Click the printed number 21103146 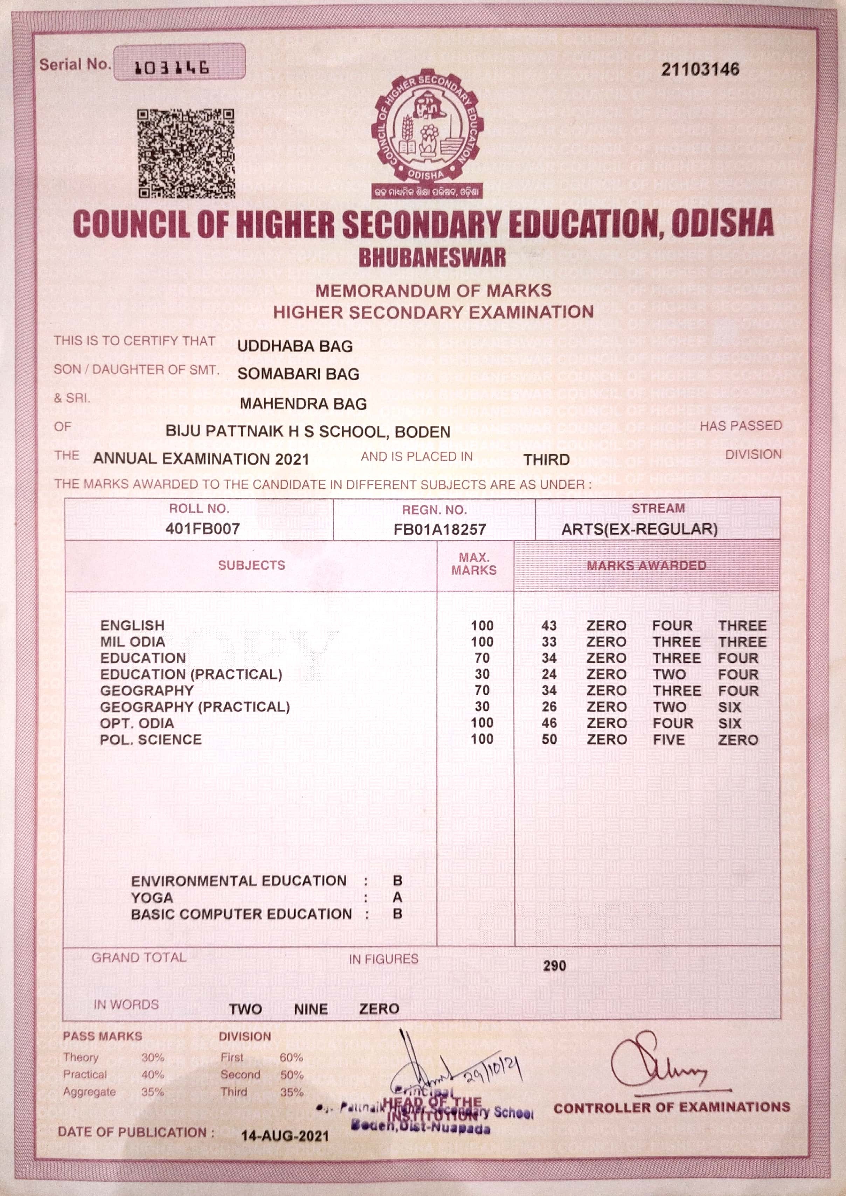(700, 69)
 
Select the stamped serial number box (179, 63)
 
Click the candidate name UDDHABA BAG (295, 346)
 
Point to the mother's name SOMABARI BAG (298, 374)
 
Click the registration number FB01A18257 (440, 530)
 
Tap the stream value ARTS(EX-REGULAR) (639, 530)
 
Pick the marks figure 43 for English (549, 626)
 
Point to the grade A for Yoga (397, 897)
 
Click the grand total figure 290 (554, 966)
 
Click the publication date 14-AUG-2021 (285, 1135)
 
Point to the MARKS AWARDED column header (646, 566)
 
